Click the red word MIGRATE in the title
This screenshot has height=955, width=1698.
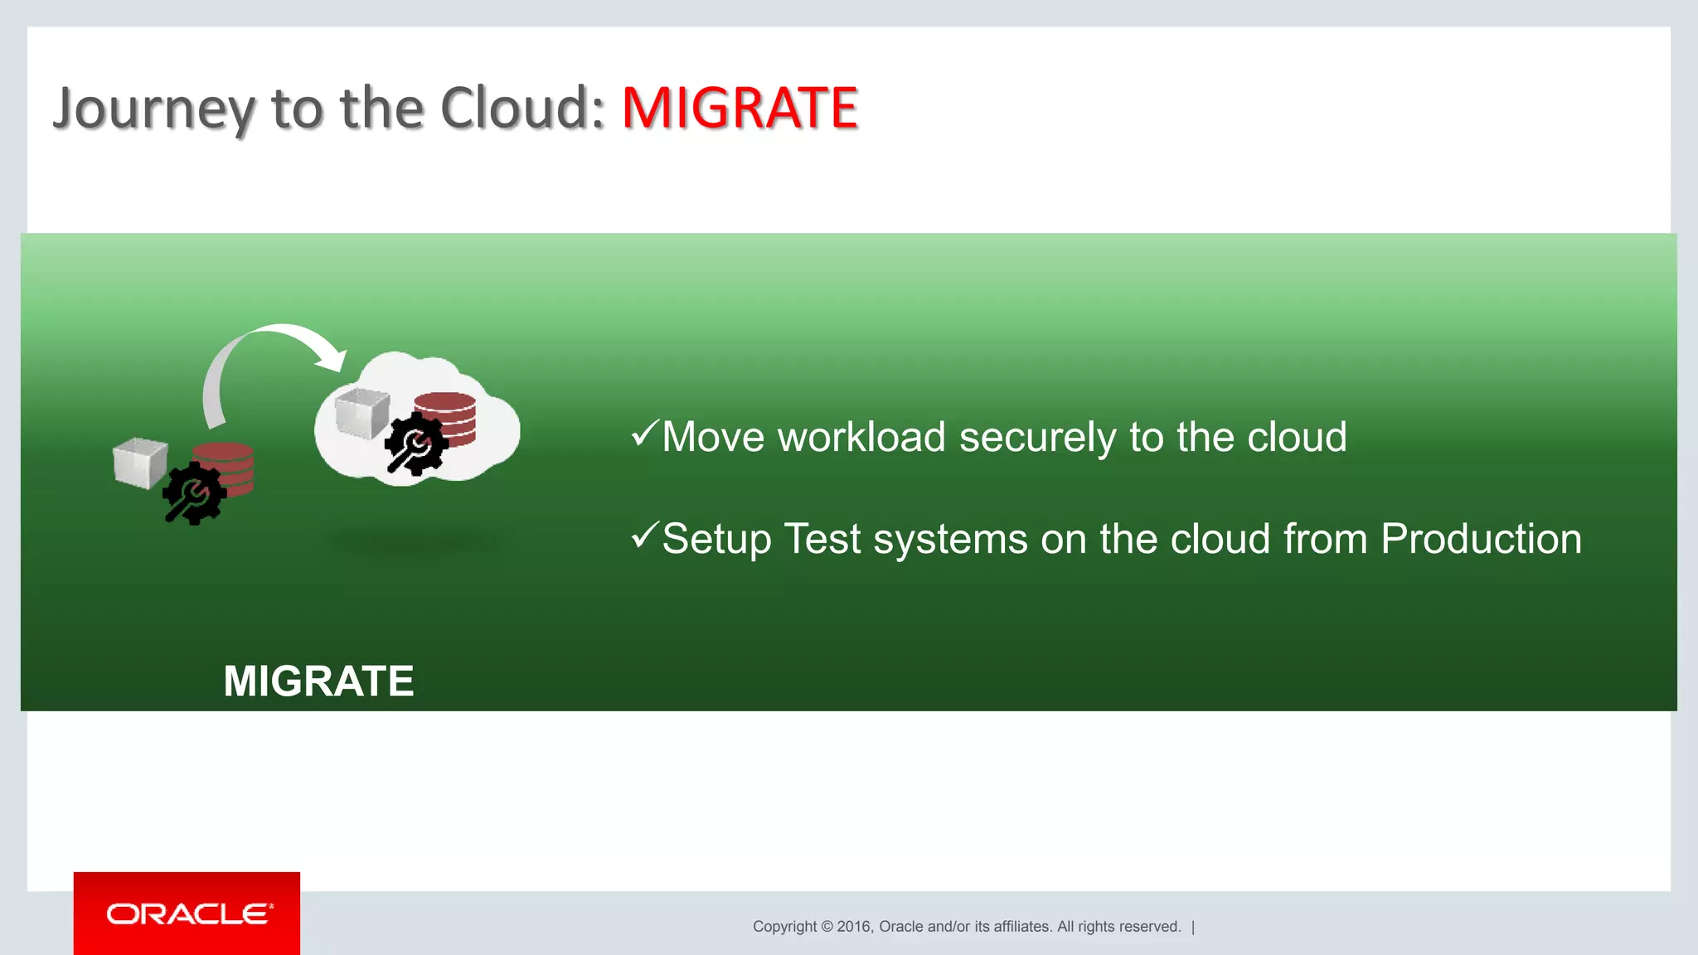point(740,108)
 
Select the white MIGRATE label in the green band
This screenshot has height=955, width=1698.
point(318,681)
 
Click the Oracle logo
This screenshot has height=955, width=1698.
point(187,914)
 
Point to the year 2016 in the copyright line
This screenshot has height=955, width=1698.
point(853,927)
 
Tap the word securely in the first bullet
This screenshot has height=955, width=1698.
point(1037,438)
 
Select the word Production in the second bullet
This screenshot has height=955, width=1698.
point(1481,539)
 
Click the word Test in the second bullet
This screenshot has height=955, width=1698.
point(822,539)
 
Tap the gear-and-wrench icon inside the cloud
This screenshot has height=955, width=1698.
point(416,445)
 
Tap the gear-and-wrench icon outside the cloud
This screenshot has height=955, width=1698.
point(194,494)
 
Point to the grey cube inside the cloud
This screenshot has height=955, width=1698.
point(362,411)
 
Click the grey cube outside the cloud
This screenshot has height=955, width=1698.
point(139,463)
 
